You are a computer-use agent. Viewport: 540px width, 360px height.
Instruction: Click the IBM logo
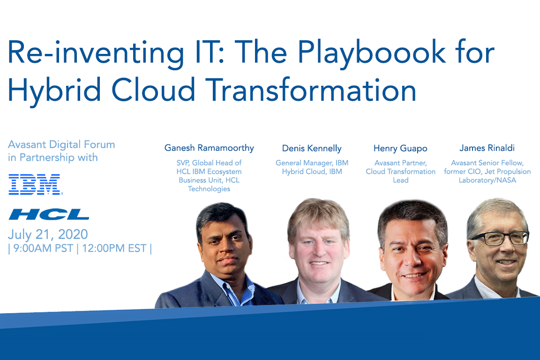point(35,184)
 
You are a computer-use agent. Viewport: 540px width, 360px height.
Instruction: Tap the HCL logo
point(49,214)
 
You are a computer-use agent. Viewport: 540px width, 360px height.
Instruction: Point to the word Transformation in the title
point(311,90)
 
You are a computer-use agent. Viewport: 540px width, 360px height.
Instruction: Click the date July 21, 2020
point(48,234)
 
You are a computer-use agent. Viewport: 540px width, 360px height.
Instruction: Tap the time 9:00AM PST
point(43,248)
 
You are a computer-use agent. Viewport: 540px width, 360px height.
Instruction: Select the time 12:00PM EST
point(114,248)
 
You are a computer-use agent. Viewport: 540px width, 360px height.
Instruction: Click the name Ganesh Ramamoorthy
point(209,148)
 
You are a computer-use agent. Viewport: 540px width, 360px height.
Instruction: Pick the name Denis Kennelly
point(312,149)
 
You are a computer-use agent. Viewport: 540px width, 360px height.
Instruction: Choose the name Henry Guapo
point(400,149)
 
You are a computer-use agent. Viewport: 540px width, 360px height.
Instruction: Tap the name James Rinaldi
point(487,148)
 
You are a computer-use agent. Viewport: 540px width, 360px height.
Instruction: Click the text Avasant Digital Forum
point(61,144)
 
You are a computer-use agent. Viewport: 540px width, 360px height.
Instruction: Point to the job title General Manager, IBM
point(312,163)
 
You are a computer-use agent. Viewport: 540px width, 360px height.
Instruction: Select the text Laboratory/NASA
point(487,180)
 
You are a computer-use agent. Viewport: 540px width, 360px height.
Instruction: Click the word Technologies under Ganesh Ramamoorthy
point(209,189)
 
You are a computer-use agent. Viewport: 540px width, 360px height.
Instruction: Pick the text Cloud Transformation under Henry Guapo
point(400,172)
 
